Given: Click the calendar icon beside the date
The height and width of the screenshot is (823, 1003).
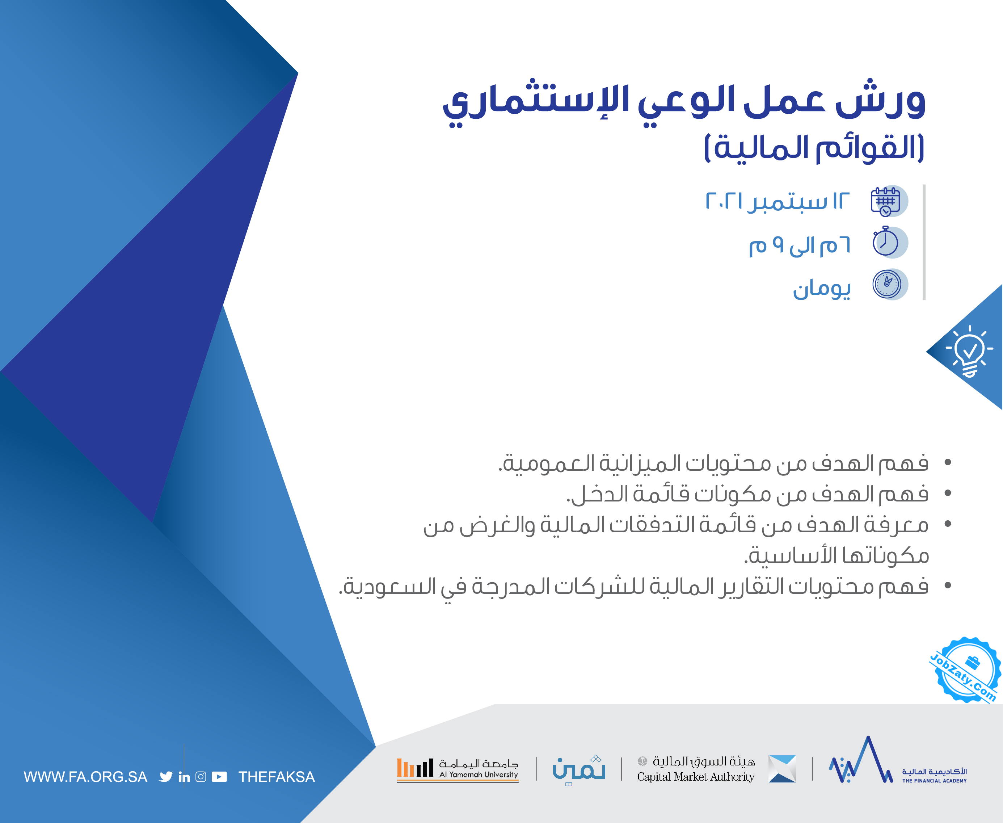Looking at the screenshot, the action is (x=885, y=201).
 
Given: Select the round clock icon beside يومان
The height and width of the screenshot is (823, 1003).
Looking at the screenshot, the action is (x=887, y=284).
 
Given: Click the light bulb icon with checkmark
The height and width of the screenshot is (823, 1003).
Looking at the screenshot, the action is (x=969, y=351).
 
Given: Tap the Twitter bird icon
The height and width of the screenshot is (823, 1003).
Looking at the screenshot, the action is (x=166, y=777).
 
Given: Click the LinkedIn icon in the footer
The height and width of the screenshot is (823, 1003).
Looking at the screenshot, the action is (x=184, y=777).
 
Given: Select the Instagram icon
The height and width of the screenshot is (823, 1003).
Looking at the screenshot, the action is (x=201, y=777).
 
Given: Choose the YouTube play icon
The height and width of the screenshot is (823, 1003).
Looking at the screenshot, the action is (x=219, y=777).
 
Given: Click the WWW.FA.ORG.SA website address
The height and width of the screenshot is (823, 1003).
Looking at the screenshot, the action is (x=85, y=777).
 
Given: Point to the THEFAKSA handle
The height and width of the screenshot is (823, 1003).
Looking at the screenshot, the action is (x=276, y=777).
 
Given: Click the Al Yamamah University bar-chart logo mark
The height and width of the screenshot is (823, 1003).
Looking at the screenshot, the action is (x=415, y=768).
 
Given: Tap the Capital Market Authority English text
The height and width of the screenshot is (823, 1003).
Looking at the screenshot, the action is (x=695, y=777).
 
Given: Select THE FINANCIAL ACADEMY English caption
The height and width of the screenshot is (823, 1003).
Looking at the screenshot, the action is (x=934, y=780).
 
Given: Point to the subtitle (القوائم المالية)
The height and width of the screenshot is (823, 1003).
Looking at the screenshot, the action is (x=814, y=148).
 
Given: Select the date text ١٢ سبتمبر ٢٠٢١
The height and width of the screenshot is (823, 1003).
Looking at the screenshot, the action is (x=778, y=201).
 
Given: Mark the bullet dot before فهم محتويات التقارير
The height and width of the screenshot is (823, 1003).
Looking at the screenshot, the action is (x=948, y=585).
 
